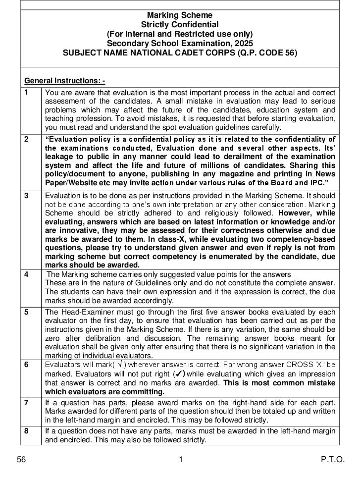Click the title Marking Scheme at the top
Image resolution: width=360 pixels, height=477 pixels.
[x=180, y=15]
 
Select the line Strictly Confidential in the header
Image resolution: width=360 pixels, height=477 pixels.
[x=180, y=24]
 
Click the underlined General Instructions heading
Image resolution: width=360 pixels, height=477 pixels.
[x=64, y=81]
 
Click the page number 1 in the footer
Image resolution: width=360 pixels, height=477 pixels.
[x=181, y=460]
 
